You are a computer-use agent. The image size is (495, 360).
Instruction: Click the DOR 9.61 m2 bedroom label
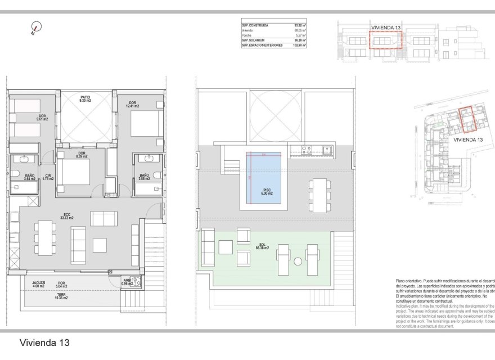[x=42, y=118]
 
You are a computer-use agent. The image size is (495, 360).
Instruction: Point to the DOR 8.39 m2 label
[x=82, y=155]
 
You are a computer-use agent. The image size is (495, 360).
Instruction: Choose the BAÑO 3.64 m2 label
[x=29, y=177]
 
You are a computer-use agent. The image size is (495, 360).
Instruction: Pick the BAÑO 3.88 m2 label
[x=144, y=177]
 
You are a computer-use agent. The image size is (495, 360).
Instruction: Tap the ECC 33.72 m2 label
[x=68, y=215]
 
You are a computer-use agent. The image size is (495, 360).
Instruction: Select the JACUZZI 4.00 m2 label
[x=39, y=284]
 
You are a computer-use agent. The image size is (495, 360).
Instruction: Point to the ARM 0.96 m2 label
[x=127, y=282]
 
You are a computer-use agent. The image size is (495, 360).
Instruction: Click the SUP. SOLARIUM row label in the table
[x=255, y=40]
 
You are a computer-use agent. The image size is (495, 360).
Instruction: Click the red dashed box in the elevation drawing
[x=386, y=40]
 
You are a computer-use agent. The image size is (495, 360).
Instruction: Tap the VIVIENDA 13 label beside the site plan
[x=468, y=139]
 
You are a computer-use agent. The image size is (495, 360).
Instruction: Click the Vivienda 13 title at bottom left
[x=44, y=342]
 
